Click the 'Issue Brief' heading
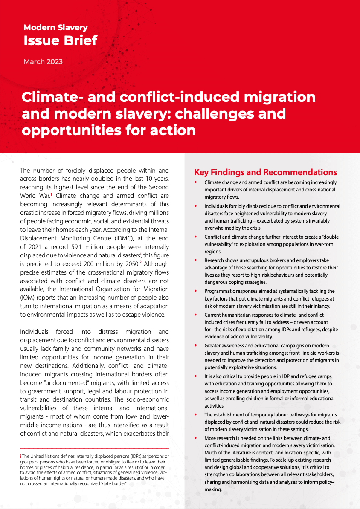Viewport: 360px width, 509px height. pyautogui.click(x=60, y=41)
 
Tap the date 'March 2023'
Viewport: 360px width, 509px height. pyautogui.click(x=43, y=62)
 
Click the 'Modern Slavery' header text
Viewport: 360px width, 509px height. pyautogui.click(x=55, y=28)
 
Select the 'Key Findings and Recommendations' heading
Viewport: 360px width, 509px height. pyautogui.click(x=266, y=173)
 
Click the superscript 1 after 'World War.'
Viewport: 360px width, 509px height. pyautogui.click(x=51, y=194)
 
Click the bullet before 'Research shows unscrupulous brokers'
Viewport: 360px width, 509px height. pyautogui.click(x=195, y=260)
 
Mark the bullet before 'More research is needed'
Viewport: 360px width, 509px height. pyautogui.click(x=195, y=438)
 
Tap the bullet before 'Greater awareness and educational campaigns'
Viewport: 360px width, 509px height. pyautogui.click(x=195, y=345)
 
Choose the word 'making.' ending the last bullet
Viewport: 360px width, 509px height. pyautogui.click(x=213, y=489)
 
